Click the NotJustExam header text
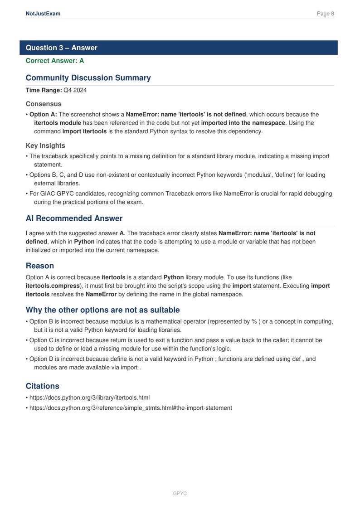pos(43,14)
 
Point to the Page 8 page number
pos(325,14)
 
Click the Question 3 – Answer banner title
pos(61,48)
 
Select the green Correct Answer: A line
pos(55,60)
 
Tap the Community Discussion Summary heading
pos(88,78)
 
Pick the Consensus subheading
pos(44,104)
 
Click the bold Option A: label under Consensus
pos(43,114)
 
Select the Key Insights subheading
pos(45,145)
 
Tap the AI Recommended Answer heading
pos(74,218)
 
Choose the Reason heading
pos(40,266)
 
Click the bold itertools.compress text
pos(53,286)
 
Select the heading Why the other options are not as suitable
pos(102,310)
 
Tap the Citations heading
pos(43,386)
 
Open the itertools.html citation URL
pos(89,398)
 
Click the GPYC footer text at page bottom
pos(180,493)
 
